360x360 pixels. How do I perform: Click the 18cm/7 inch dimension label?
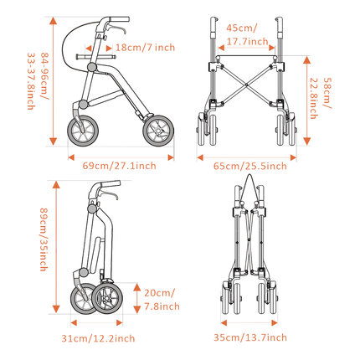(145, 48)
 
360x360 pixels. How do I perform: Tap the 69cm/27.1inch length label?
(119, 166)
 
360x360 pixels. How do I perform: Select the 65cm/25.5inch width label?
(250, 166)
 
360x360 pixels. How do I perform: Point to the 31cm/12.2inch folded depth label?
(98, 338)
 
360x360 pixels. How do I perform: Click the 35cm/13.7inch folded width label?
(250, 337)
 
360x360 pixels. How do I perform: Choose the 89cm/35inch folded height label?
(44, 239)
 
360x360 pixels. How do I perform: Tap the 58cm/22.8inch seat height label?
(321, 98)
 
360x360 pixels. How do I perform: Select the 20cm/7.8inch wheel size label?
(162, 300)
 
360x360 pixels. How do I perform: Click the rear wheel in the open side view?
(82, 131)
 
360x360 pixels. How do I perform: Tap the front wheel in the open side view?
(158, 131)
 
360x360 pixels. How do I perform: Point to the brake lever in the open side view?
(117, 28)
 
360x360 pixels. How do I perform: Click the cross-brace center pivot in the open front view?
(246, 85)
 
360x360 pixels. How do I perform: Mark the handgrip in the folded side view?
(111, 184)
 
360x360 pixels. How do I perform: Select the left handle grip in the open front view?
(213, 24)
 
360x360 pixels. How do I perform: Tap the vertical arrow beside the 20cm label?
(136, 298)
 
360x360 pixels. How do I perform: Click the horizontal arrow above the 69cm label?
(121, 157)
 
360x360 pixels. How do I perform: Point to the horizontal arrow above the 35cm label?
(249, 323)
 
